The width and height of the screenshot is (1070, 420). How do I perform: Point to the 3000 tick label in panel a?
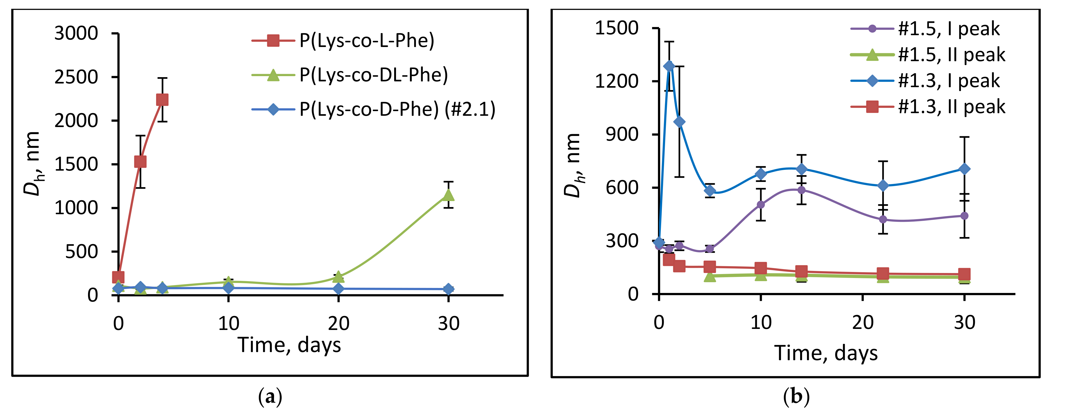tap(76, 33)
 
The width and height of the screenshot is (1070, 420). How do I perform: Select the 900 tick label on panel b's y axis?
tap(622, 134)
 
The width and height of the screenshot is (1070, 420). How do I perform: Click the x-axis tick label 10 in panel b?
tap(760, 322)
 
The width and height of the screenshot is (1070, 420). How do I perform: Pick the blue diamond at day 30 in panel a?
tap(448, 289)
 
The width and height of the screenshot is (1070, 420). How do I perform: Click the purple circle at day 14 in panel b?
tap(801, 190)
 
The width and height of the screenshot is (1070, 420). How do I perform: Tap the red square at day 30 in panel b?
tap(964, 274)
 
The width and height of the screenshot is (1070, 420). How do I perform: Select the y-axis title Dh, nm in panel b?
tap(574, 166)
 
